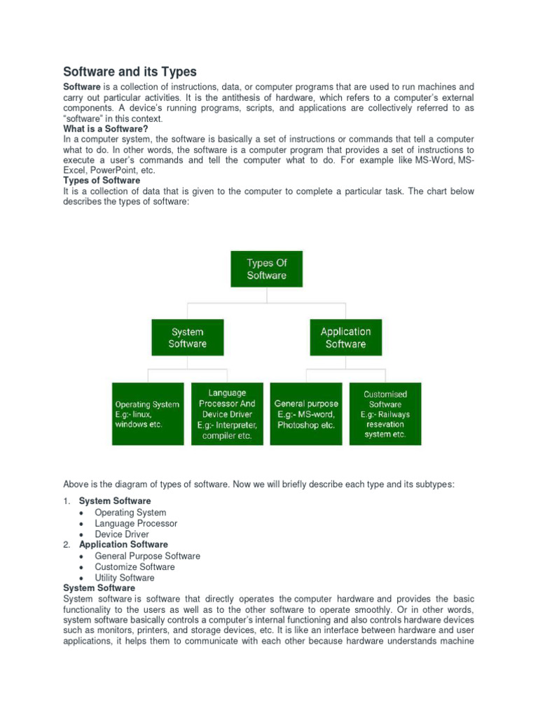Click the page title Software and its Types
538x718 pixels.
pos(130,72)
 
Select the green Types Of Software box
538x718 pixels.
pos(266,269)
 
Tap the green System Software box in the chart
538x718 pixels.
pos(188,338)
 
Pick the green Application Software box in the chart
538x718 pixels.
pos(345,337)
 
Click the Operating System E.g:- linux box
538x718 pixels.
pos(147,414)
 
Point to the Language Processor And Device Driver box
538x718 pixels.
pos(227,414)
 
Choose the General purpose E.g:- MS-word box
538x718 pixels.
pos(306,414)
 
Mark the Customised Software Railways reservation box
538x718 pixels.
pos(385,414)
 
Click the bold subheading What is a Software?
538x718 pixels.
pos(106,129)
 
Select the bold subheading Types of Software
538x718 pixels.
pos(102,181)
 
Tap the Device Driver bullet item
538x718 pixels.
pos(122,534)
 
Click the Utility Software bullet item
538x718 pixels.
pos(125,578)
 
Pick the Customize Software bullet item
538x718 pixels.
pos(134,567)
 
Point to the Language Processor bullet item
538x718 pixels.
pos(136,524)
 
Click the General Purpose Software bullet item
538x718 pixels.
pos(147,556)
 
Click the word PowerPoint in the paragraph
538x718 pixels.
pos(113,170)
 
